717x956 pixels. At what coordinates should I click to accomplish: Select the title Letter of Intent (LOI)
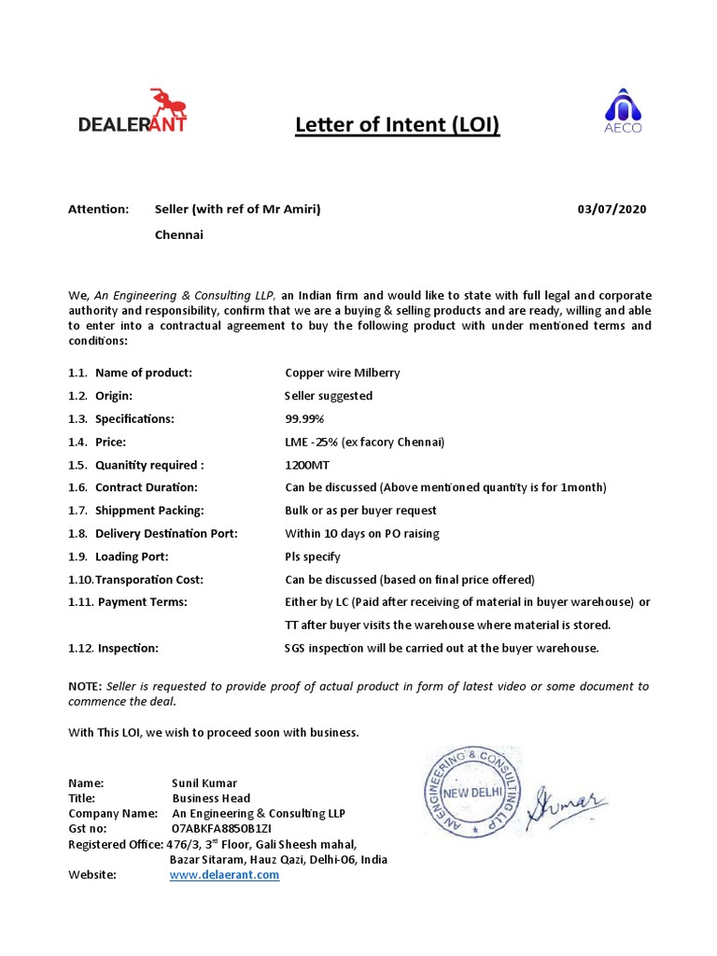[398, 124]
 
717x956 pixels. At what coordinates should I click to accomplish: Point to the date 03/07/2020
[612, 209]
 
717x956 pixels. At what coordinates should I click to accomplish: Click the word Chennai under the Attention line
[178, 234]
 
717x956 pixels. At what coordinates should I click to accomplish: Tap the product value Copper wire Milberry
[342, 373]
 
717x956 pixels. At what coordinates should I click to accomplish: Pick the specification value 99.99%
[305, 418]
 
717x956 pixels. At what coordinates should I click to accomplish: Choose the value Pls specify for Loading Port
[313, 556]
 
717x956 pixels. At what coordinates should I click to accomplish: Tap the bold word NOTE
[85, 686]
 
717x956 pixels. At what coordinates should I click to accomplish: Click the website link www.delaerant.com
[224, 875]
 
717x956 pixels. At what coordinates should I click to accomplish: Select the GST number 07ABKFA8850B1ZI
[221, 828]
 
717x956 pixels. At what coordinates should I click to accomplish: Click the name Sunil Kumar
[204, 782]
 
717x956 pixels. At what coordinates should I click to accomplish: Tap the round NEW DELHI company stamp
[472, 790]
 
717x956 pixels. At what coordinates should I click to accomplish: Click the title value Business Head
[211, 798]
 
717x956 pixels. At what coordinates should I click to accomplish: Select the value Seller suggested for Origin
[329, 396]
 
